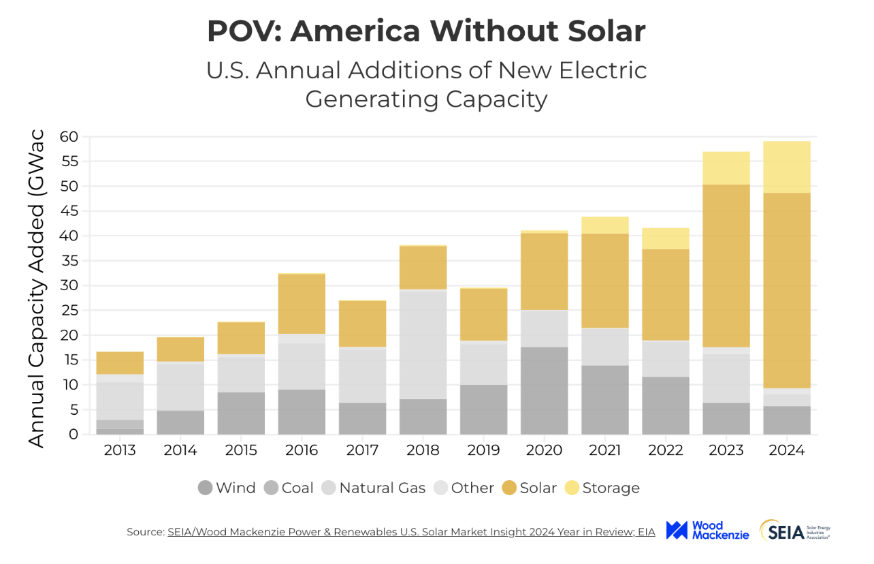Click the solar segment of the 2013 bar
[120, 362]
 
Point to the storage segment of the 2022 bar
[665, 238]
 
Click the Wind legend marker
[205, 488]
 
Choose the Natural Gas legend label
[382, 488]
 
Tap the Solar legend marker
[509, 488]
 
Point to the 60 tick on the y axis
[68, 137]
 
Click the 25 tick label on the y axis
[68, 311]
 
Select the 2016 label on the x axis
[302, 450]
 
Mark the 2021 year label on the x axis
[604, 450]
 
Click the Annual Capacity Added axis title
[36, 287]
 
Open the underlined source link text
[411, 532]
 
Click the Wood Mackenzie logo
[707, 530]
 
